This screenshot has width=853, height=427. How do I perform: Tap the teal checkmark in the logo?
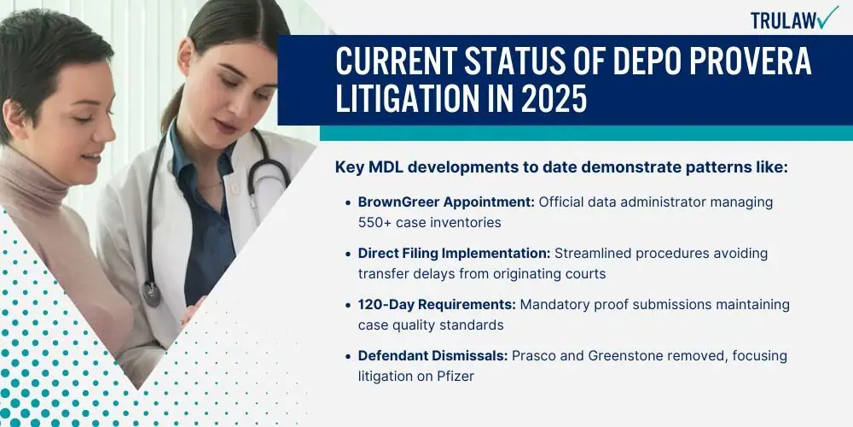coord(828,17)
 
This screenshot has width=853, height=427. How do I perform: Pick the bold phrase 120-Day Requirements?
coord(437,305)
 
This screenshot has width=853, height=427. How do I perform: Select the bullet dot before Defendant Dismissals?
coord(348,356)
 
